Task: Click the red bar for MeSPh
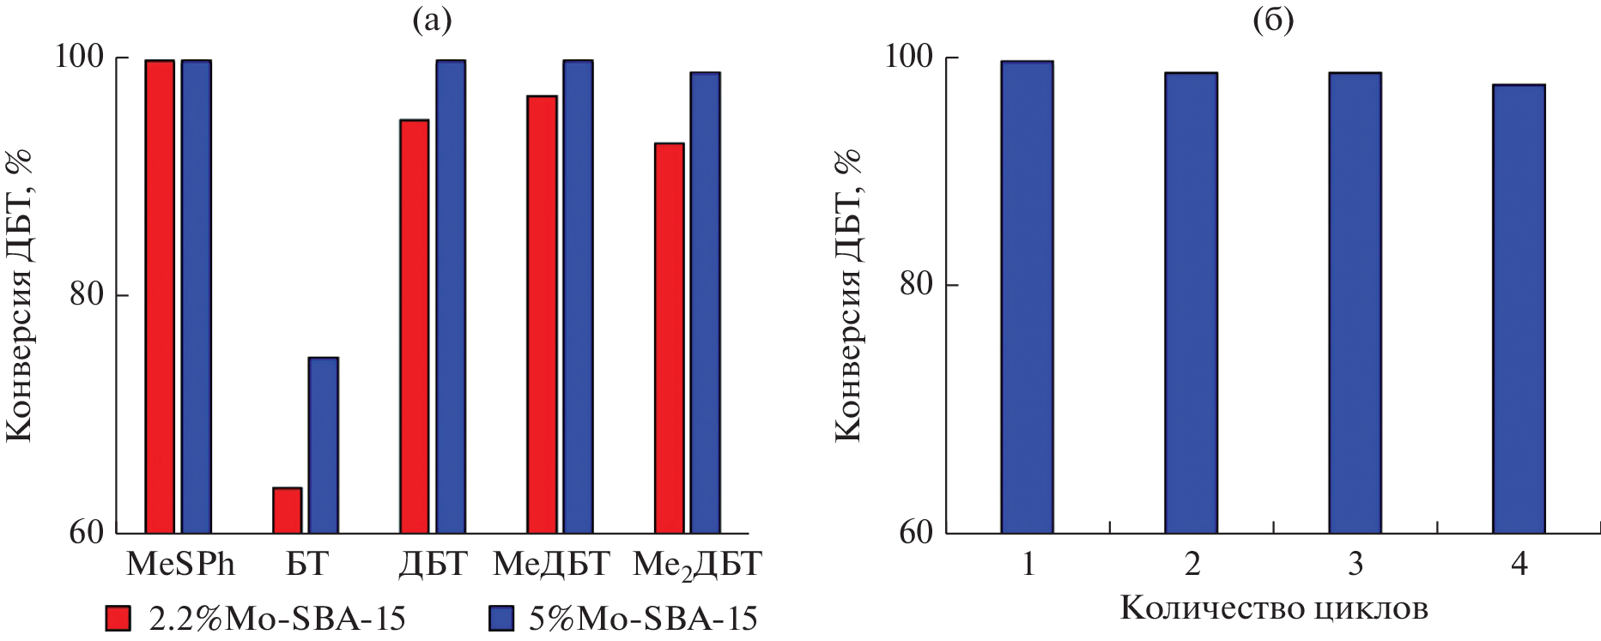pyautogui.click(x=160, y=296)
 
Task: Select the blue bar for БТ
pyautogui.click(x=323, y=444)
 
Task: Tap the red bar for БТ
pyautogui.click(x=287, y=510)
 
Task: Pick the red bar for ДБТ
pyautogui.click(x=414, y=326)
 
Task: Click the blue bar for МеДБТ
pyautogui.click(x=578, y=296)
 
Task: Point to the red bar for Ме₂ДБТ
pyautogui.click(x=669, y=337)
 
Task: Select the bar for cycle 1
pyautogui.click(x=1027, y=297)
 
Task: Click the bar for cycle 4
pyautogui.click(x=1518, y=309)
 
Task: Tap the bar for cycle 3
pyautogui.click(x=1355, y=303)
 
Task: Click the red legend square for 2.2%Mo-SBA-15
pyautogui.click(x=118, y=618)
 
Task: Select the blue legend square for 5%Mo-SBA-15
pyautogui.click(x=500, y=618)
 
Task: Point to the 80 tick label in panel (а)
pyautogui.click(x=86, y=294)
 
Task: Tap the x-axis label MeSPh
pyautogui.click(x=180, y=564)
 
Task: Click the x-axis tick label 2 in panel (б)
pyautogui.click(x=1192, y=564)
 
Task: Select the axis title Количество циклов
pyautogui.click(x=1274, y=608)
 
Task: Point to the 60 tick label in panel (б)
pyautogui.click(x=916, y=532)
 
